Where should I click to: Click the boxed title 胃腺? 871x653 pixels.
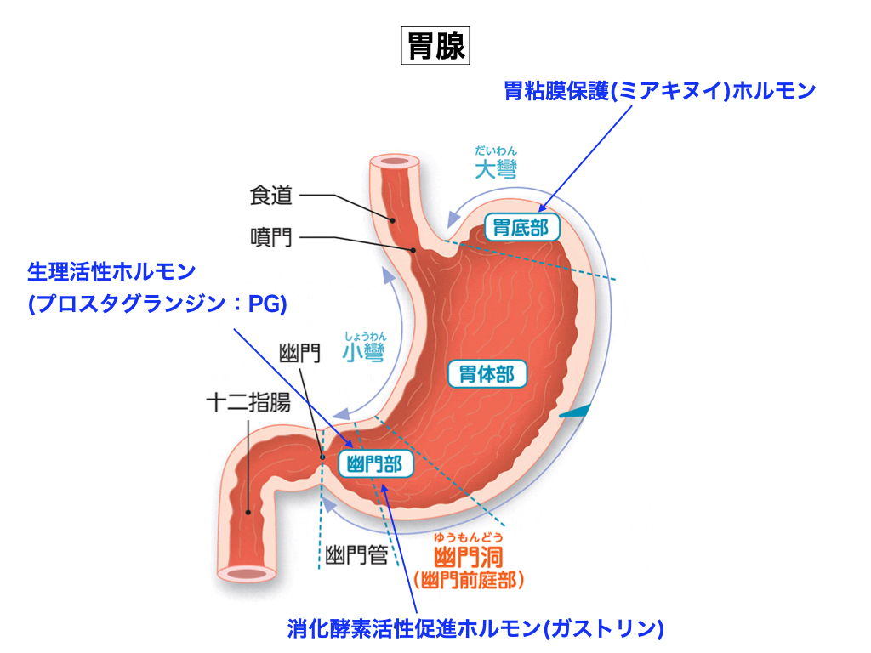(435, 46)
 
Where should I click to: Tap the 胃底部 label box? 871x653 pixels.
(522, 227)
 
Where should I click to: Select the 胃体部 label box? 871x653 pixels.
(487, 373)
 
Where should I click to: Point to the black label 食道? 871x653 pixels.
(271, 196)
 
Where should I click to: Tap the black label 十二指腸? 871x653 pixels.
(248, 402)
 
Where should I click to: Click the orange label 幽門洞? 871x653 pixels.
(469, 558)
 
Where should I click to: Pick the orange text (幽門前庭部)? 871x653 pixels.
(469, 580)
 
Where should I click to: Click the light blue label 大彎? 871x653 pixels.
(496, 169)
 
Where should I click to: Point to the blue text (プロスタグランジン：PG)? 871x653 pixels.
(157, 304)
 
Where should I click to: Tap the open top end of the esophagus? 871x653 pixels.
(395, 162)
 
